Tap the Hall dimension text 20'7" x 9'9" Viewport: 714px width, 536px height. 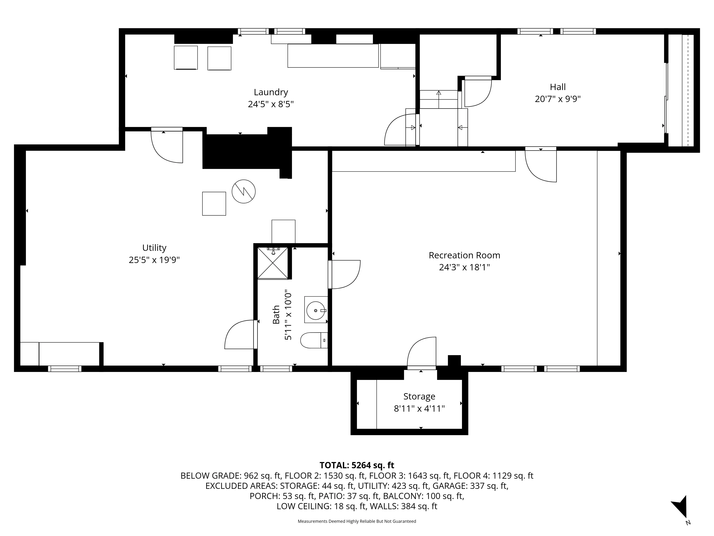[x=557, y=99]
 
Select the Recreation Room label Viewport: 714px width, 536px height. [x=464, y=255]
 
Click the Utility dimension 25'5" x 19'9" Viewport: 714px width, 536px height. [x=154, y=260]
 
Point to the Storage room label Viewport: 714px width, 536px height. [x=419, y=396]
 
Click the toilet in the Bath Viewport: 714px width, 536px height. [x=313, y=340]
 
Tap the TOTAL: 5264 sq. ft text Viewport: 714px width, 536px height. [x=357, y=465]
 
